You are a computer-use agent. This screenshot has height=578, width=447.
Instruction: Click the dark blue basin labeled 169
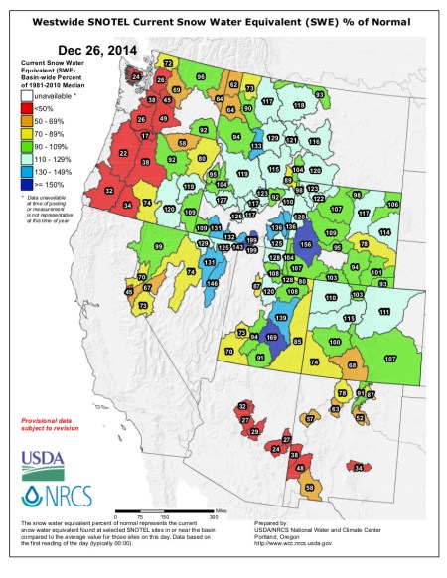pos(272,339)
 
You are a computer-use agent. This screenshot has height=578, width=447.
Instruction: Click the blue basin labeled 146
pos(212,284)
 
